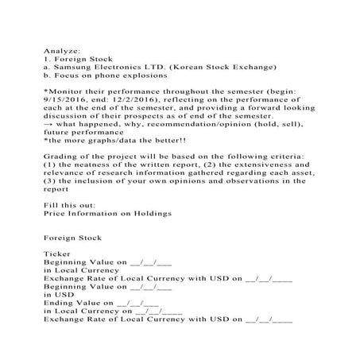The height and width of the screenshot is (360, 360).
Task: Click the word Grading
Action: click(x=60, y=157)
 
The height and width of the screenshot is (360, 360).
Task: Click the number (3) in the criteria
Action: click(x=50, y=180)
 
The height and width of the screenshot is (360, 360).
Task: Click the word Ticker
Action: click(x=57, y=254)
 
